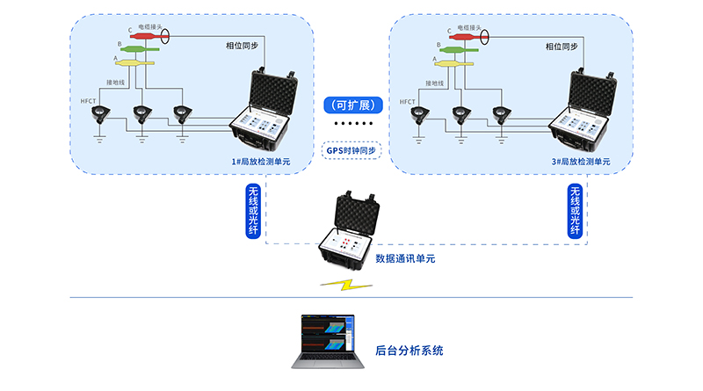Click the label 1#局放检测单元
[x=260, y=162]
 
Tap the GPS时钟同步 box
[x=351, y=150]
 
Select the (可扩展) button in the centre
[x=351, y=105]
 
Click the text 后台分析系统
[x=409, y=351]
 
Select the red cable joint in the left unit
[x=142, y=37]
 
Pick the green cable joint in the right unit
[x=458, y=50]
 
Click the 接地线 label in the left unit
[x=116, y=83]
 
